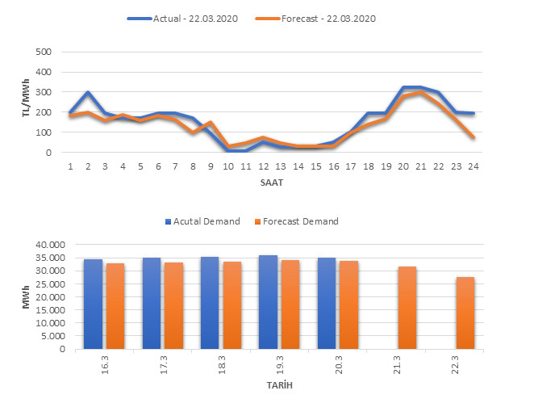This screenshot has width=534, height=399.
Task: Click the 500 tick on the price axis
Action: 44,52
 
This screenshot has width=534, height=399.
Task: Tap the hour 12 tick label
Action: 264,167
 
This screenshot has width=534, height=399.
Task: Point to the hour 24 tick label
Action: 474,167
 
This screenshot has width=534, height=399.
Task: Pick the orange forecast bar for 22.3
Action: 465,313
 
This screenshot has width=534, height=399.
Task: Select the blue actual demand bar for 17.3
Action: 152,304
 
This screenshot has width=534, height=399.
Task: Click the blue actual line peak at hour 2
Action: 88,93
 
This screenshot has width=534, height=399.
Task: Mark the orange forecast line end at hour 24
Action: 474,138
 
